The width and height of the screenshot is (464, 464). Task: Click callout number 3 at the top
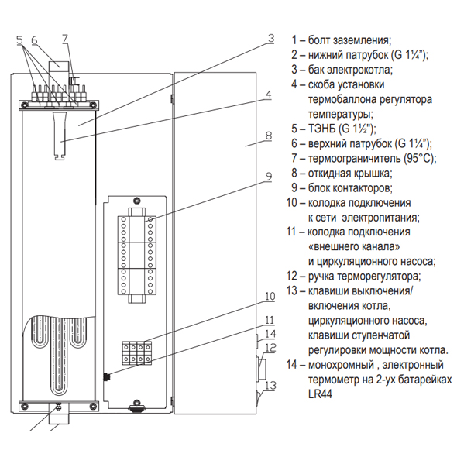(271, 39)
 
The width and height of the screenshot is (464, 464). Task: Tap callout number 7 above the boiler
(65, 39)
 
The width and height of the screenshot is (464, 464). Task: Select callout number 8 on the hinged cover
(268, 136)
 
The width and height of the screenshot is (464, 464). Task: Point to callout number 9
(268, 177)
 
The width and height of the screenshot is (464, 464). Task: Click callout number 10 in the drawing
(270, 296)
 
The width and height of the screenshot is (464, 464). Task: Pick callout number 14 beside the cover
(270, 334)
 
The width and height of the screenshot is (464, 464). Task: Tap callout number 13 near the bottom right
(270, 385)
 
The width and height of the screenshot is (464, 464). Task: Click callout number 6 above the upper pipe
(34, 40)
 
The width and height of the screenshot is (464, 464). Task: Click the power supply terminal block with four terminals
(137, 352)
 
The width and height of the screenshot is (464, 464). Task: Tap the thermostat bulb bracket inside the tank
(60, 136)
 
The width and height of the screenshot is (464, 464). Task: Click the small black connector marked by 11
(106, 376)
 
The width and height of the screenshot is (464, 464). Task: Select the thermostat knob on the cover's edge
(261, 369)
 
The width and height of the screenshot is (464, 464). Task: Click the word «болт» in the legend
(321, 40)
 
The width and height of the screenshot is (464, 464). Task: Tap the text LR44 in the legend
(320, 394)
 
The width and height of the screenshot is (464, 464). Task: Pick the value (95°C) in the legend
(420, 158)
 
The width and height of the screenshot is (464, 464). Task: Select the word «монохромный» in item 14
(341, 365)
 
